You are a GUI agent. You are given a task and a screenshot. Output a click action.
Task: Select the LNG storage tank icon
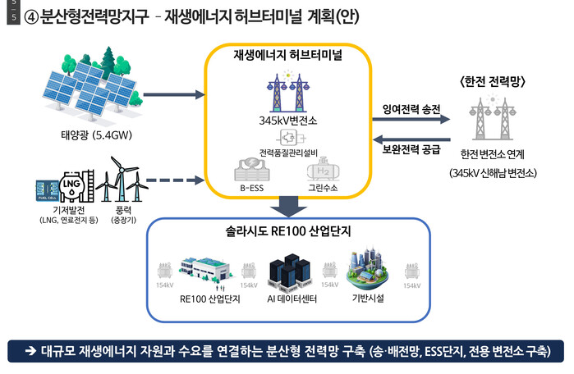[x=71, y=185]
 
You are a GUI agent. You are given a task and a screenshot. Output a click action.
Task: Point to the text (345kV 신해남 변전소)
[x=494, y=173]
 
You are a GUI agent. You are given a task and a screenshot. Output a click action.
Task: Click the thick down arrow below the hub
[x=290, y=206]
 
